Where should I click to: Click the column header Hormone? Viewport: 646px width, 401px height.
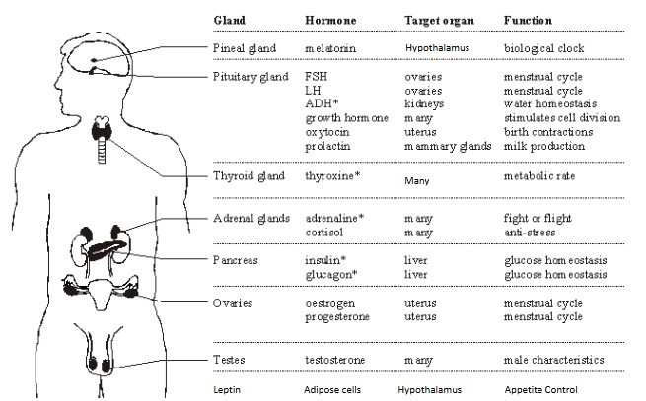[330, 20]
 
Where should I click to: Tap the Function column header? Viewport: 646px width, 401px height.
[529, 20]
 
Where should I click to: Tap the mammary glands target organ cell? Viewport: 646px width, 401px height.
[447, 146]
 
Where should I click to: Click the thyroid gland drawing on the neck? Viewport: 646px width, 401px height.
[101, 129]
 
